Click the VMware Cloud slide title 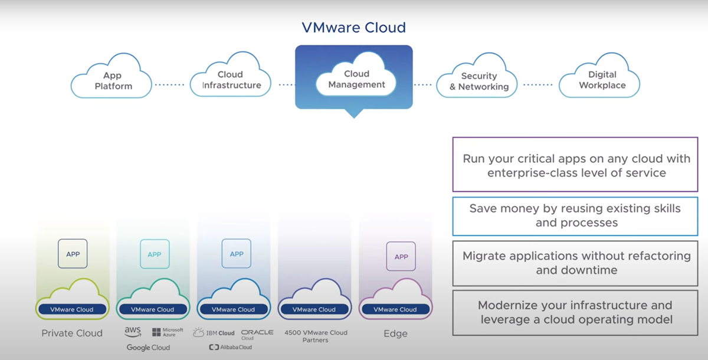tap(353, 27)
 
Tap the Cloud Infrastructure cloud tap(231, 80)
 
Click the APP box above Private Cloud tap(73, 254)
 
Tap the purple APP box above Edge tap(401, 257)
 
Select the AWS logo tap(133, 332)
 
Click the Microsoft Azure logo tap(168, 332)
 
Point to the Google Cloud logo tap(148, 348)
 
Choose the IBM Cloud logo tap(214, 333)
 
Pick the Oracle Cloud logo tap(257, 333)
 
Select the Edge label tap(395, 333)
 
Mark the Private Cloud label tap(72, 333)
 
